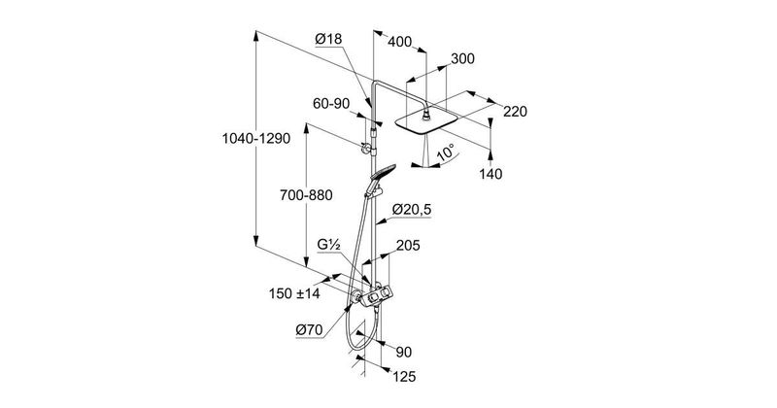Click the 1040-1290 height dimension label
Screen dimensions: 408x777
tap(256, 140)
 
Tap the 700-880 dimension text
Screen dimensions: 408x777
tap(304, 196)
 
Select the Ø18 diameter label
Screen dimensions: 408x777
tap(328, 40)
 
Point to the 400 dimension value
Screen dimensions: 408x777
tap(400, 43)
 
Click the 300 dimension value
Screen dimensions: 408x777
tap(462, 59)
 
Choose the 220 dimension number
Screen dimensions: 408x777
tap(515, 112)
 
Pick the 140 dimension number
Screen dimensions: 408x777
tap(491, 173)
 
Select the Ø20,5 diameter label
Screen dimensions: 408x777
tap(412, 210)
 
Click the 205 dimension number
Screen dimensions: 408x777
tap(408, 247)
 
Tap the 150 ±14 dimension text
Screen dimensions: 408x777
tap(295, 291)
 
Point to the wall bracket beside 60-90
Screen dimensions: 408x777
tap(367, 148)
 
